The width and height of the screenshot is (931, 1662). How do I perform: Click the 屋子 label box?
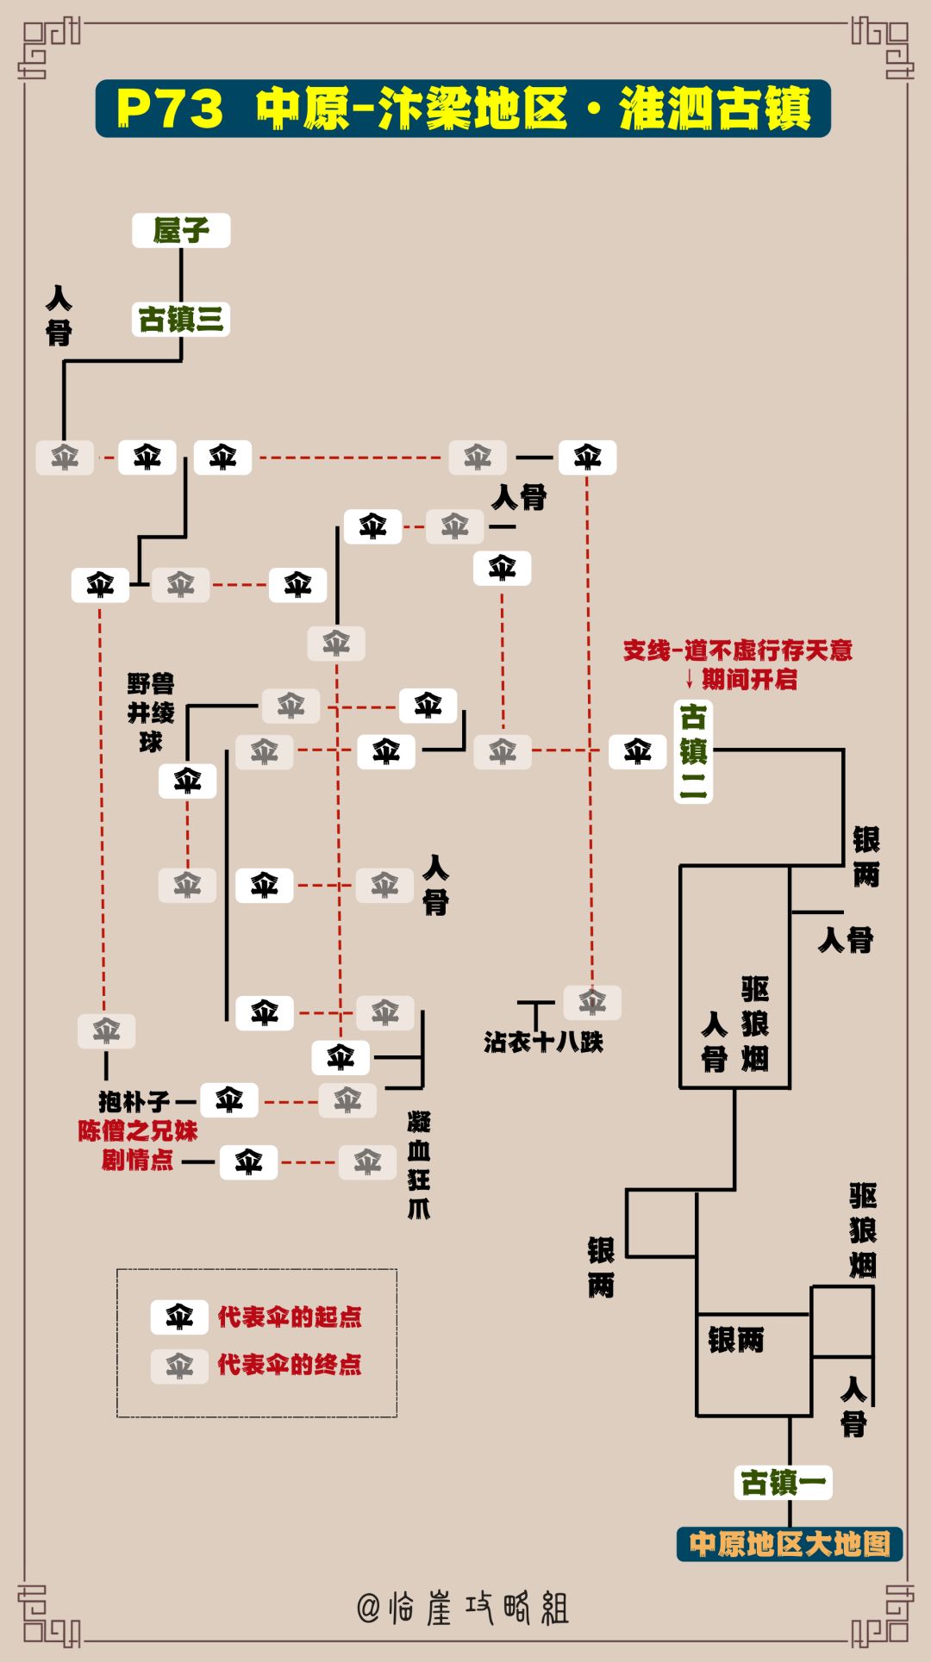click(x=181, y=230)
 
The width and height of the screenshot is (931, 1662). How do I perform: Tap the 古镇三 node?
click(x=181, y=320)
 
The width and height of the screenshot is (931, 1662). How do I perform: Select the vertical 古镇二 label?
click(x=693, y=751)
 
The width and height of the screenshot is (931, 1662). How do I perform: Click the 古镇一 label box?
click(x=783, y=1482)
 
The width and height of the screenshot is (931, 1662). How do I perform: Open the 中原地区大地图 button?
click(x=790, y=1543)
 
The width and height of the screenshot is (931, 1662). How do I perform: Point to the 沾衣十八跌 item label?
click(x=543, y=1043)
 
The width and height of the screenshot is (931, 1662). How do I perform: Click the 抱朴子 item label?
click(x=134, y=1101)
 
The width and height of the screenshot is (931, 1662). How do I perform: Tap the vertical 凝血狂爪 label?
click(x=419, y=1165)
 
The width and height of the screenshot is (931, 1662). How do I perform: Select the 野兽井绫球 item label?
click(x=151, y=713)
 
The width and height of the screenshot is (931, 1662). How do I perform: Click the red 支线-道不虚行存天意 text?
click(x=737, y=650)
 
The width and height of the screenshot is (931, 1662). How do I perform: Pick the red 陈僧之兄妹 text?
click(x=138, y=1130)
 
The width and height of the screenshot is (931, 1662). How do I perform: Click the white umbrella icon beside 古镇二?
click(x=638, y=751)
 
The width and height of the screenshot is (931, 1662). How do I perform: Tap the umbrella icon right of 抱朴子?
click(x=229, y=1100)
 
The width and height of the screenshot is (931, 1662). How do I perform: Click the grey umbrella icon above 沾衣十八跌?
click(x=592, y=1002)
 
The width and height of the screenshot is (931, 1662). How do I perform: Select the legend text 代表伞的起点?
click(x=290, y=1317)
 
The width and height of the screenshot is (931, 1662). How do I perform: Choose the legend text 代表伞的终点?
click(x=290, y=1365)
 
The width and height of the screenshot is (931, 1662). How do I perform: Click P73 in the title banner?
click(x=170, y=109)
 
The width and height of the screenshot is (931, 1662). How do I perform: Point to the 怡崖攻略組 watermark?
click(x=464, y=1608)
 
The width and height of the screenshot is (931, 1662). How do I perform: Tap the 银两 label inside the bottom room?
click(x=736, y=1340)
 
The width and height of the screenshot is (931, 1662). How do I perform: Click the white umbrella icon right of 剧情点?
click(x=249, y=1162)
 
